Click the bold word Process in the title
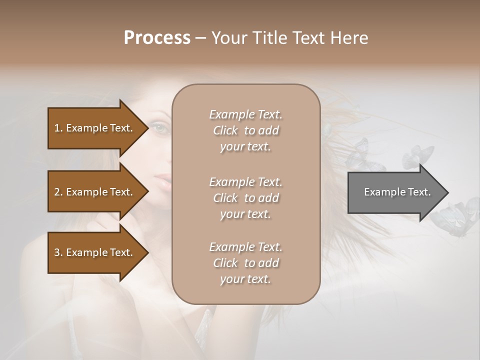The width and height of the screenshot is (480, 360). (157, 37)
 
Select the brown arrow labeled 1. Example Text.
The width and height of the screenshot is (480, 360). (95, 128)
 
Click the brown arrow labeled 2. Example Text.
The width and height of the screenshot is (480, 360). (95, 192)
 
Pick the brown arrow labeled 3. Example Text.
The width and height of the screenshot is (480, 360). (95, 252)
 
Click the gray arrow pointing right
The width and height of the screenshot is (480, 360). (395, 192)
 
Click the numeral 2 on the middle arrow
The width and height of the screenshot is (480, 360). (57, 192)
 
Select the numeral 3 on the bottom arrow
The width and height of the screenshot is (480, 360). (57, 252)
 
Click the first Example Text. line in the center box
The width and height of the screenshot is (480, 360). (245, 114)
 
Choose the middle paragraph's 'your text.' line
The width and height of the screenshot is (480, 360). (245, 214)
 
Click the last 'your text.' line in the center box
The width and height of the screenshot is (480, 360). (245, 279)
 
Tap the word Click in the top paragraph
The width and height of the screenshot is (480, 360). (225, 130)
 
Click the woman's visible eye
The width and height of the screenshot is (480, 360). (160, 128)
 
